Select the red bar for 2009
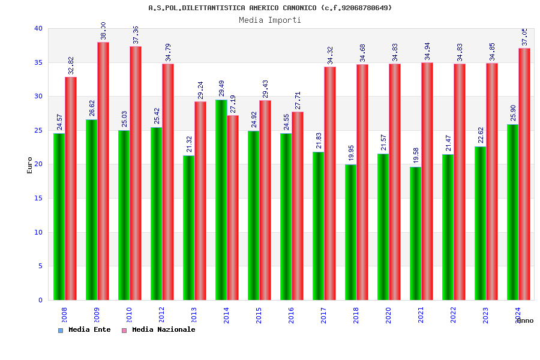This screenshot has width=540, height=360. pyautogui.click(x=103, y=171)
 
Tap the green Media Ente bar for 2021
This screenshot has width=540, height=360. pyautogui.click(x=415, y=233)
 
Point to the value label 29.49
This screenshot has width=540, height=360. pyautogui.click(x=221, y=88)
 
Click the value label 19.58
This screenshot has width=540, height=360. pyautogui.click(x=416, y=155)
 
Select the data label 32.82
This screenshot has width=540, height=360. pyautogui.click(x=71, y=65)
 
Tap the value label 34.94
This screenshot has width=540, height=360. pyautogui.click(x=427, y=51)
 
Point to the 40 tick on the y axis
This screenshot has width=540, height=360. pyautogui.click(x=38, y=28)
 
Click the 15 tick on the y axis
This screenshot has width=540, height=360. pyautogui.click(x=38, y=198)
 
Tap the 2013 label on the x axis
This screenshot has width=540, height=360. pyautogui.click(x=194, y=315)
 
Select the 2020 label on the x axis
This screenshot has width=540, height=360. pyautogui.click(x=388, y=315)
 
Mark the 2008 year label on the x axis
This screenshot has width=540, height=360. pyautogui.click(x=64, y=315)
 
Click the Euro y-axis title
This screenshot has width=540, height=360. pyautogui.click(x=30, y=165)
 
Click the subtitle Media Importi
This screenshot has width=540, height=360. pyautogui.click(x=270, y=20)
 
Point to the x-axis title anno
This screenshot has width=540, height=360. pyautogui.click(x=524, y=320)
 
